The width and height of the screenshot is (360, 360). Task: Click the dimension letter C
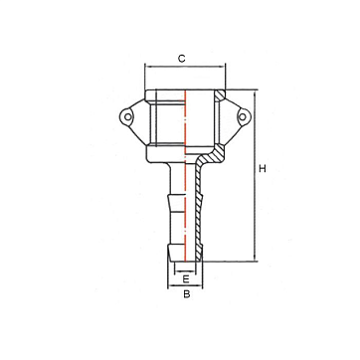pyautogui.click(x=182, y=59)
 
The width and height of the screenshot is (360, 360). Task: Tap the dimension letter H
pyautogui.click(x=263, y=169)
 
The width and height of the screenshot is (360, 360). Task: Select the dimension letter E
pyautogui.click(x=186, y=279)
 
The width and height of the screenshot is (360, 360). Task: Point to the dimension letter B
pyautogui.click(x=187, y=294)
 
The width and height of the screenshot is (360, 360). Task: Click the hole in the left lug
pyautogui.click(x=127, y=116)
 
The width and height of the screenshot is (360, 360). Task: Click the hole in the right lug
pyautogui.click(x=243, y=116)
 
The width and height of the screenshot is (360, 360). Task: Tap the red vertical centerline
pyautogui.click(x=185, y=176)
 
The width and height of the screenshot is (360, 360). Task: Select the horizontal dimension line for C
pyautogui.click(x=185, y=67)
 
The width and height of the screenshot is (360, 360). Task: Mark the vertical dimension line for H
pyautogui.click(x=255, y=175)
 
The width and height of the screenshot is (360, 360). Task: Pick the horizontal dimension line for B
pyautogui.click(x=185, y=285)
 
